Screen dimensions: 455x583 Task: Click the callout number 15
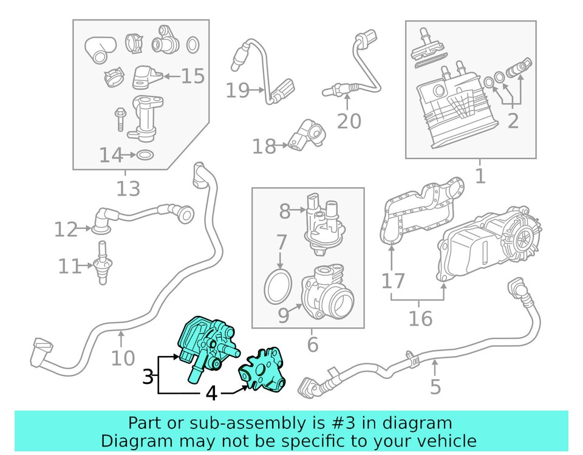click(193, 76)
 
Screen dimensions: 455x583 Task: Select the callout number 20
click(349, 121)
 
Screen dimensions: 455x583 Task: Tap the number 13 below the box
click(128, 189)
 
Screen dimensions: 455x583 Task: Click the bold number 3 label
click(148, 377)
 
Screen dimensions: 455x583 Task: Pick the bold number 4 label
click(211, 394)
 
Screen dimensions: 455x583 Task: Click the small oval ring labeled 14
click(144, 156)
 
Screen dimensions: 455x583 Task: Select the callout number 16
click(420, 318)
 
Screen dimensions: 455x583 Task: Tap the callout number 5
click(435, 386)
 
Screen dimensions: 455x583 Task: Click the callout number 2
click(513, 121)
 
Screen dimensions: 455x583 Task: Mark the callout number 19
click(238, 91)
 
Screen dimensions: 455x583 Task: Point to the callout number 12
click(66, 230)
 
